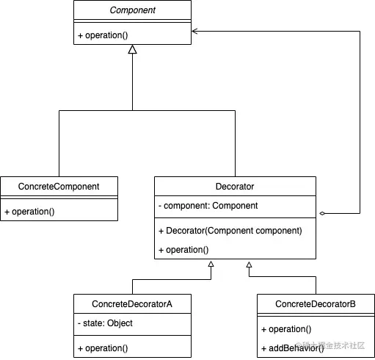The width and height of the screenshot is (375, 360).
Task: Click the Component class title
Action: pyautogui.click(x=132, y=10)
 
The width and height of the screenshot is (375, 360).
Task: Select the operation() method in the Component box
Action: pyautogui.click(x=103, y=35)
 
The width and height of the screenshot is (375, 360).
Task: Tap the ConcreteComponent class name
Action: pyautogui.click(x=59, y=187)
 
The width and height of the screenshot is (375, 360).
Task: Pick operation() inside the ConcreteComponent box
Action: pyautogui.click(x=29, y=212)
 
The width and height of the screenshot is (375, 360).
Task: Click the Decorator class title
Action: pyautogui.click(x=235, y=187)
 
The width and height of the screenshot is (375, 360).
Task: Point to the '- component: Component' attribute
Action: pyautogui.click(x=208, y=206)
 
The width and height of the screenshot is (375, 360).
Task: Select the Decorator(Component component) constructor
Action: pyautogui.click(x=230, y=231)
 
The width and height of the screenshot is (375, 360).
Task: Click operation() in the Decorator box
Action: pyautogui.click(x=183, y=250)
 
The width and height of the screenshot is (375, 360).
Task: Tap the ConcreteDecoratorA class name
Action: pyautogui.click(x=132, y=304)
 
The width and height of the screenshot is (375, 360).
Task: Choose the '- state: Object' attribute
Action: pyautogui.click(x=105, y=323)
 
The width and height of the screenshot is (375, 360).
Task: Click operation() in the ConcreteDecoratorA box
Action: pyautogui.click(x=103, y=348)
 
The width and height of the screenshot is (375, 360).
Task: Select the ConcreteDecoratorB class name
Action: pyautogui.click(x=316, y=304)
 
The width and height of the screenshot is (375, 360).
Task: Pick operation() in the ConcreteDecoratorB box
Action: pyautogui.click(x=286, y=329)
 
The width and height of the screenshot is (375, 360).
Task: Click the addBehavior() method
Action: pyautogui.click(x=293, y=348)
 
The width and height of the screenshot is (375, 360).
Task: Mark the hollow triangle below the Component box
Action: pyautogui.click(x=132, y=49)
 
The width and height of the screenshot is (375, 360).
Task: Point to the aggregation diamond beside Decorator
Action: pyautogui.click(x=322, y=213)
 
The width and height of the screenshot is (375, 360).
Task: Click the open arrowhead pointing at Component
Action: pyautogui.click(x=194, y=31)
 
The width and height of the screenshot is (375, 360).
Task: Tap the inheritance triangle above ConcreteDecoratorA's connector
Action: pyautogui.click(x=211, y=264)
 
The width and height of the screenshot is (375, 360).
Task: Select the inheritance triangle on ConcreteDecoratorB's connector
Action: pyautogui.click(x=249, y=264)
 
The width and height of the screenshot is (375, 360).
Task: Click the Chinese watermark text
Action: pyautogui.click(x=330, y=345)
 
